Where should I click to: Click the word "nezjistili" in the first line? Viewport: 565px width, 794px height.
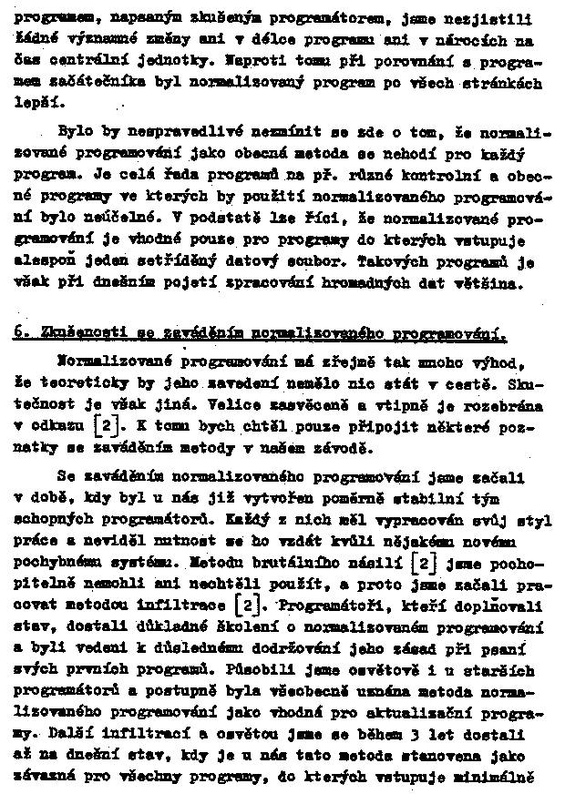[x=497, y=18]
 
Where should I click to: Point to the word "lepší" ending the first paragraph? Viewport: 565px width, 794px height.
[x=36, y=106]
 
